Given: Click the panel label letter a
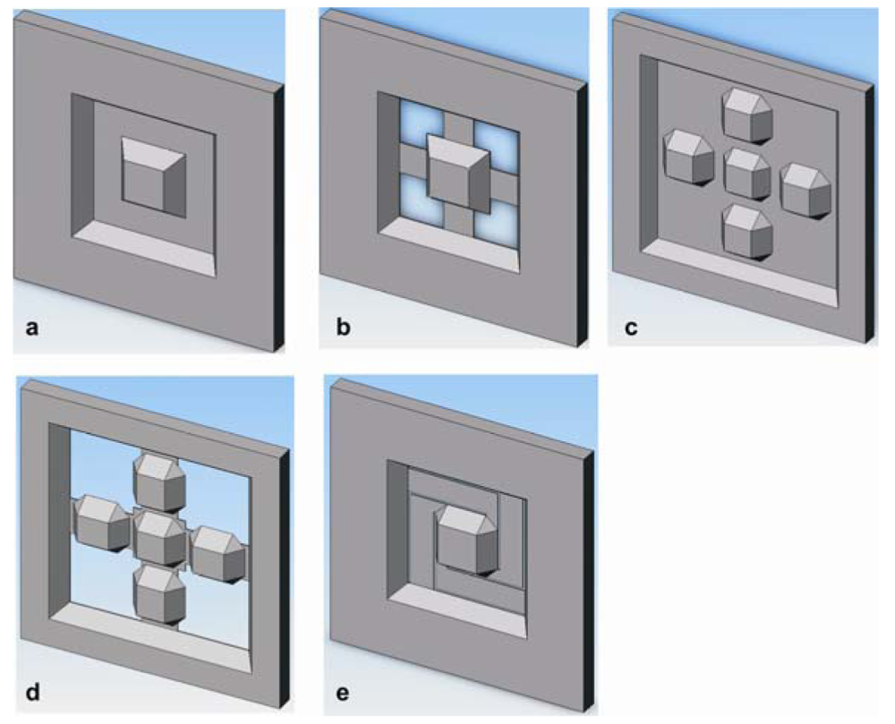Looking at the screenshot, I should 32,328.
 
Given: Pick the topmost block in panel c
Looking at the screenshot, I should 748,115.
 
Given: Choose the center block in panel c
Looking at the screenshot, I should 747,173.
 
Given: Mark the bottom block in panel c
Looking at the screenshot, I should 747,231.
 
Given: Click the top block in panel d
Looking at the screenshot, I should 160,481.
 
